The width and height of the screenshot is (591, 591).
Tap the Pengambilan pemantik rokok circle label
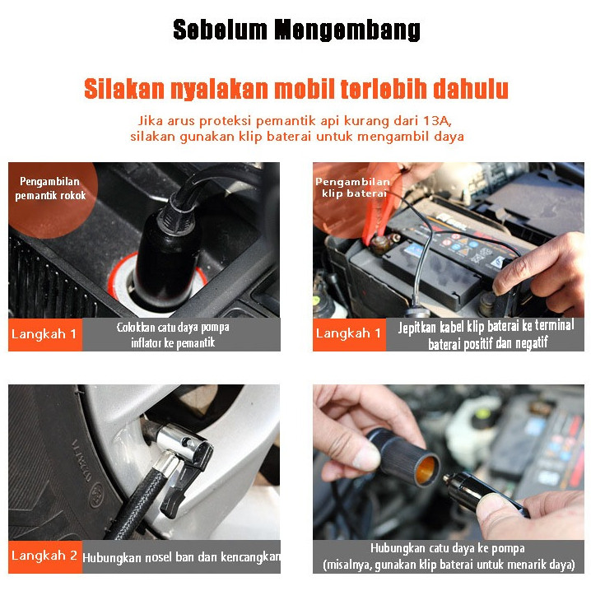pyautogui.click(x=50, y=188)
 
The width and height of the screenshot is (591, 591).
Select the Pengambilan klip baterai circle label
pyautogui.click(x=351, y=188)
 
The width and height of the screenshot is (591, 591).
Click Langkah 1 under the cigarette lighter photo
pyautogui.click(x=45, y=334)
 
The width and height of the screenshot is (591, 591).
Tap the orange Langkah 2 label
pyautogui.click(x=45, y=556)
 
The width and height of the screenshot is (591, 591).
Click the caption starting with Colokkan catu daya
pyautogui.click(x=173, y=335)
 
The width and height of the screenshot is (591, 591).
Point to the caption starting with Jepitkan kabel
pyautogui.click(x=486, y=334)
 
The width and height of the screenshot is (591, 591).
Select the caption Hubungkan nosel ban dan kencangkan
pyautogui.click(x=181, y=556)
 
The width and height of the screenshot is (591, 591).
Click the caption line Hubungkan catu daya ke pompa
pyautogui.click(x=448, y=548)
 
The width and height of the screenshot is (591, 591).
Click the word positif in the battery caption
pyautogui.click(x=477, y=343)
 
